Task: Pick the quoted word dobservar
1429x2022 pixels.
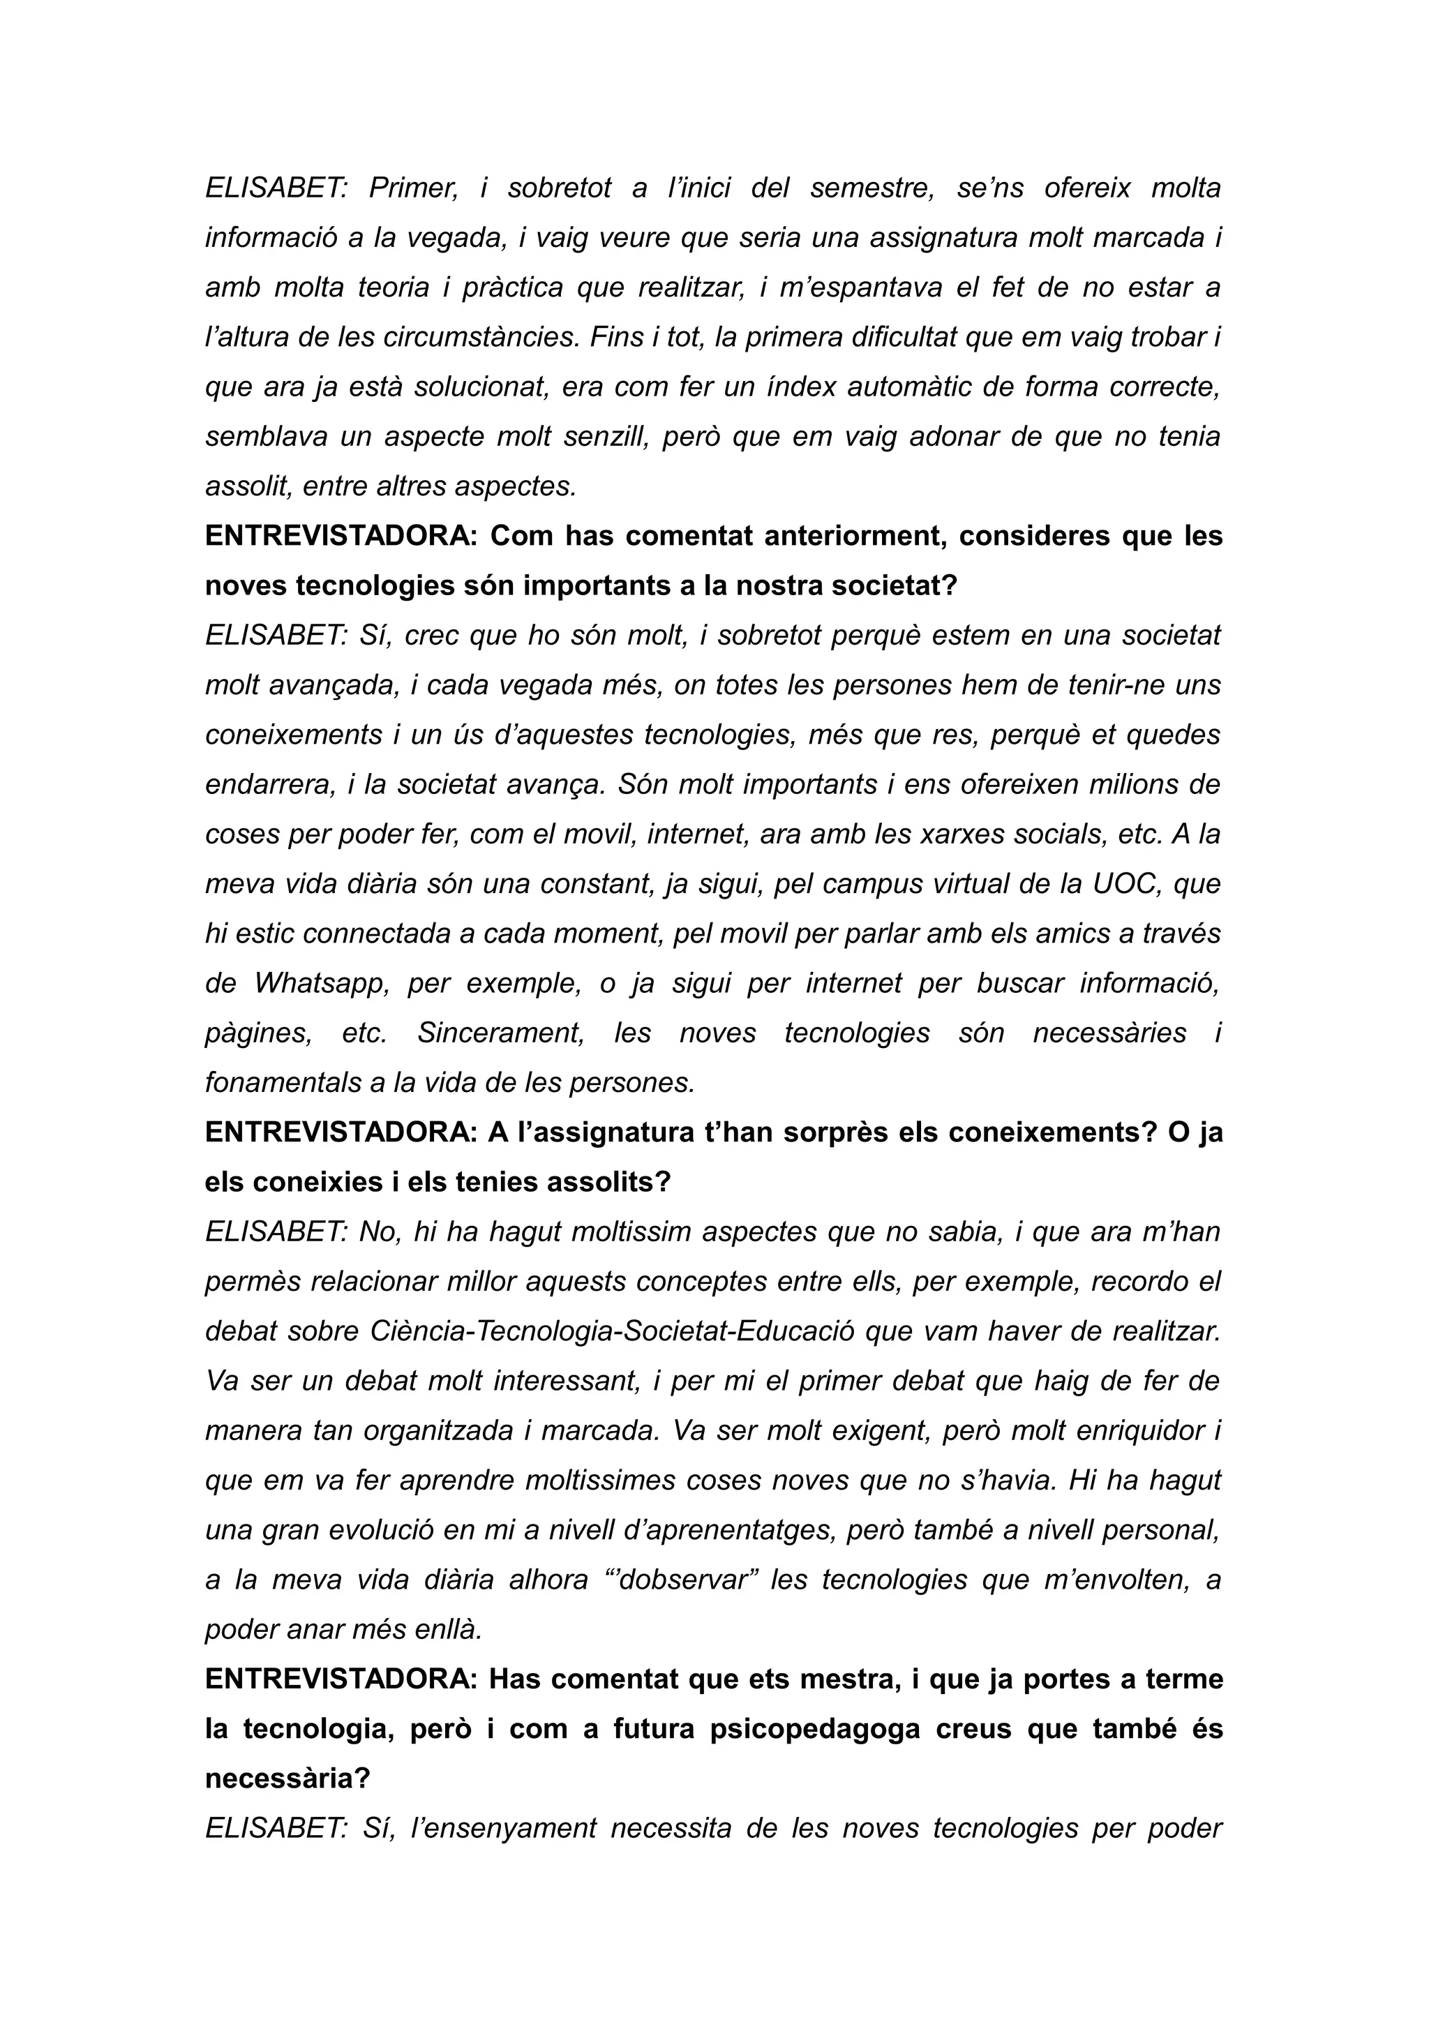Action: pos(689,1580)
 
